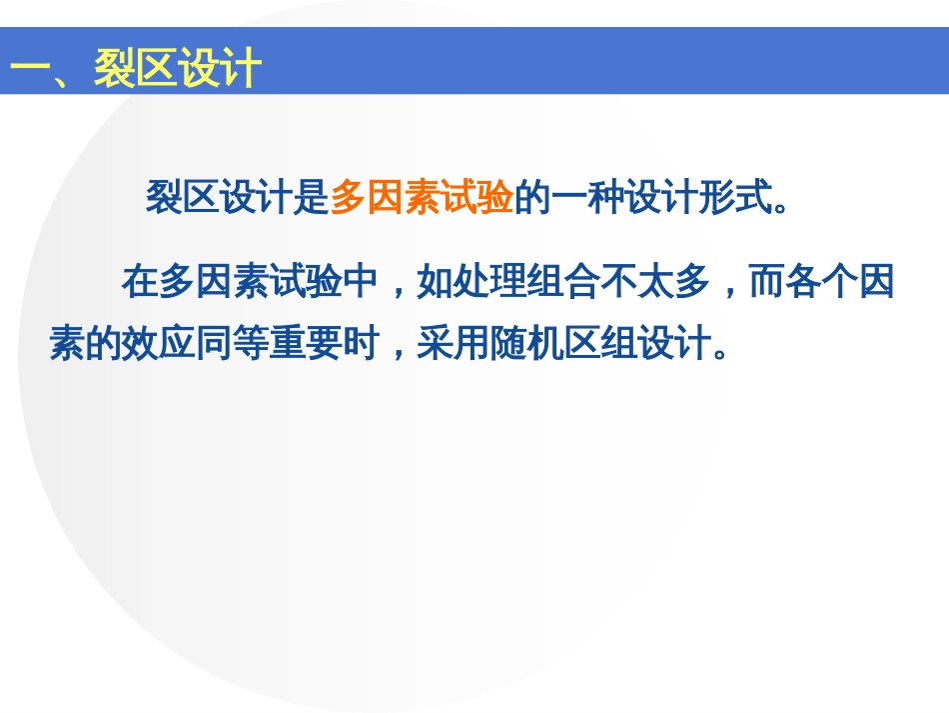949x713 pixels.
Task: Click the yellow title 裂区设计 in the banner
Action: coord(178,67)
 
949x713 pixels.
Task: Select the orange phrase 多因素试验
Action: coord(422,197)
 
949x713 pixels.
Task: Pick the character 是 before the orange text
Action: coord(312,197)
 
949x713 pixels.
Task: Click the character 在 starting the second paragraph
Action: coord(141,281)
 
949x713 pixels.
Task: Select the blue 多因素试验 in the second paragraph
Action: coord(251,281)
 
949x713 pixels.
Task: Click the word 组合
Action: coord(563,281)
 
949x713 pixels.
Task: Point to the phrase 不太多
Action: coord(655,281)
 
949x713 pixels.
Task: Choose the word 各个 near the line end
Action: coord(822,281)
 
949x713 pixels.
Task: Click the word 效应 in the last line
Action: coord(159,343)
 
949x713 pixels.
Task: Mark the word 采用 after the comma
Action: coord(454,343)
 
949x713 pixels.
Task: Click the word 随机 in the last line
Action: coord(527,343)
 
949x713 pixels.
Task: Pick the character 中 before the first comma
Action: coord(361,281)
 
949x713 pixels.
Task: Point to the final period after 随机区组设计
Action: coord(720,354)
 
